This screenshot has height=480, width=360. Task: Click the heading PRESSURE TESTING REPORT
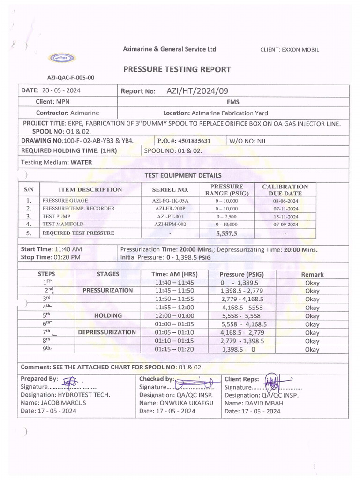pyautogui.click(x=177, y=69)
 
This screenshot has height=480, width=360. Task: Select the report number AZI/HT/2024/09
pyautogui.click(x=198, y=91)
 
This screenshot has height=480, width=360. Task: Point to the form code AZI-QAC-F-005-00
pyautogui.click(x=70, y=78)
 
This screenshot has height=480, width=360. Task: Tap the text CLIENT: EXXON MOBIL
pyautogui.click(x=289, y=50)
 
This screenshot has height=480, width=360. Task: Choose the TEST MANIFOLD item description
pyautogui.click(x=63, y=225)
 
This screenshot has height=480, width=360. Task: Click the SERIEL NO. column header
pyautogui.click(x=170, y=190)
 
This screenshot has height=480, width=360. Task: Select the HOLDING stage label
pyautogui.click(x=108, y=315)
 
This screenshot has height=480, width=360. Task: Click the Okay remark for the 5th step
pyautogui.click(x=312, y=315)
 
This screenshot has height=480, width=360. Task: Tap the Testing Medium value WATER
pyautogui.click(x=81, y=163)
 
